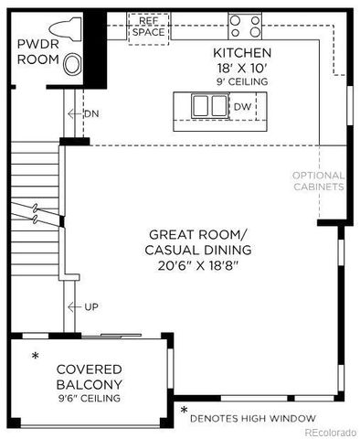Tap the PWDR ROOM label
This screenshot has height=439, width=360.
tap(38, 51)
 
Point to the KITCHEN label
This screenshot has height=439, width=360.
tap(242, 52)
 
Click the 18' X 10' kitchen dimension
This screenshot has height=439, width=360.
tap(242, 68)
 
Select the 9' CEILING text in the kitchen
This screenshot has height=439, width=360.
tap(242, 81)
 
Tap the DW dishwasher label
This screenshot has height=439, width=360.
tap(242, 106)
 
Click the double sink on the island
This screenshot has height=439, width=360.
tap(206, 106)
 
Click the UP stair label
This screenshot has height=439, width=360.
tap(90, 305)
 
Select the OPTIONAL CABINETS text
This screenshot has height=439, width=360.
tap(318, 181)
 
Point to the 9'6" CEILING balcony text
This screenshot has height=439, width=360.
tap(90, 398)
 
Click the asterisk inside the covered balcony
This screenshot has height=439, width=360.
tap(36, 356)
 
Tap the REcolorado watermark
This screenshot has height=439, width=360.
tap(331, 432)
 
